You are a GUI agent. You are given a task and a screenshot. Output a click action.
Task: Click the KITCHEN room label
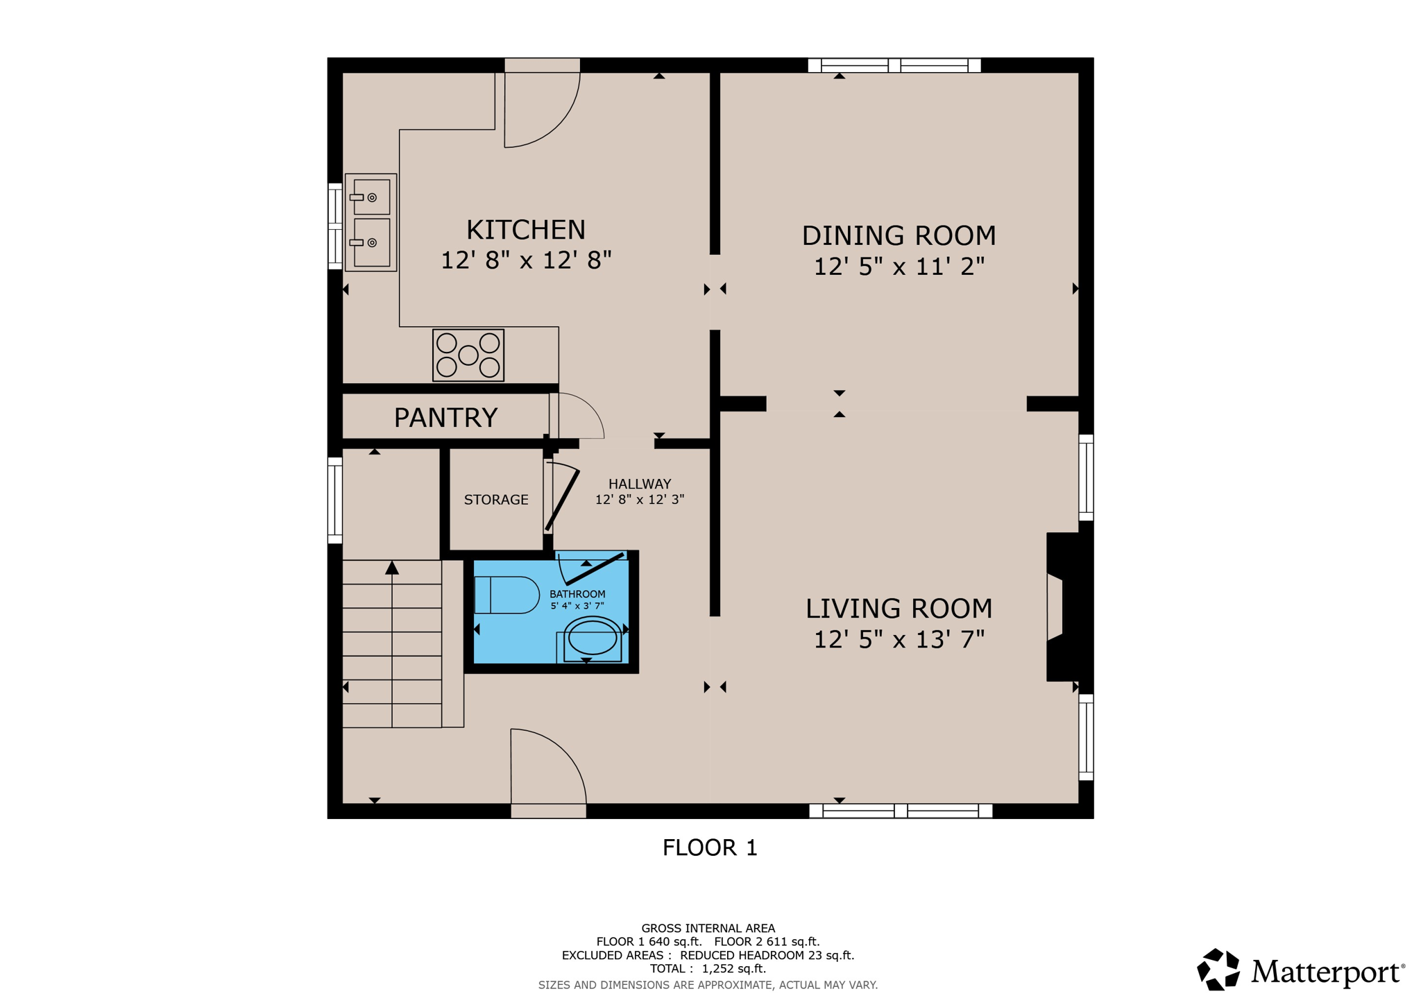[x=525, y=230]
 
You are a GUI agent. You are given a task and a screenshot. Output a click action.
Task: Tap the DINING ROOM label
[x=899, y=236]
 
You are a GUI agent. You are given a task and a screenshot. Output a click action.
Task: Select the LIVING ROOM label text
[x=899, y=609]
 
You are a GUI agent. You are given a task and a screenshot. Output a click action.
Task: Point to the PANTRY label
[x=445, y=418]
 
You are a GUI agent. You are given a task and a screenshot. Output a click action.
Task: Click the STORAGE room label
[x=496, y=500]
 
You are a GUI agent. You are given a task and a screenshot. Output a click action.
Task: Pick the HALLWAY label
[x=640, y=484]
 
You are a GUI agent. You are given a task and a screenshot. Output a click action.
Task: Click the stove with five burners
[x=468, y=355]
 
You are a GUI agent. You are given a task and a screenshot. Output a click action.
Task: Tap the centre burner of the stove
[x=468, y=355]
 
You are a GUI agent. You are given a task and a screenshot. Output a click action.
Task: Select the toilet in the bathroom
[x=507, y=595]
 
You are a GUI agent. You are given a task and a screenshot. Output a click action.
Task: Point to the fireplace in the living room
[x=1062, y=607]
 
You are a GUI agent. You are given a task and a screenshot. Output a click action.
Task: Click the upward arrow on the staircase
[x=392, y=568]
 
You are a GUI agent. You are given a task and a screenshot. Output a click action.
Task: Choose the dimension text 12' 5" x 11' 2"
[x=899, y=267]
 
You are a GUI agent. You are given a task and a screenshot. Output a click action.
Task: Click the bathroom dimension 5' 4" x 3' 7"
[x=577, y=606]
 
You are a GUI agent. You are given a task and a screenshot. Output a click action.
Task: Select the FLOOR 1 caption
[x=710, y=847]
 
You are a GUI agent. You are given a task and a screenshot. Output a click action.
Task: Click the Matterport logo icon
[x=1218, y=970]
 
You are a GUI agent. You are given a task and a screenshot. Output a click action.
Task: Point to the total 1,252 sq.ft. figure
[x=733, y=969]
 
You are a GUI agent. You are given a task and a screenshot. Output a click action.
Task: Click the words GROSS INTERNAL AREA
[x=708, y=928]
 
